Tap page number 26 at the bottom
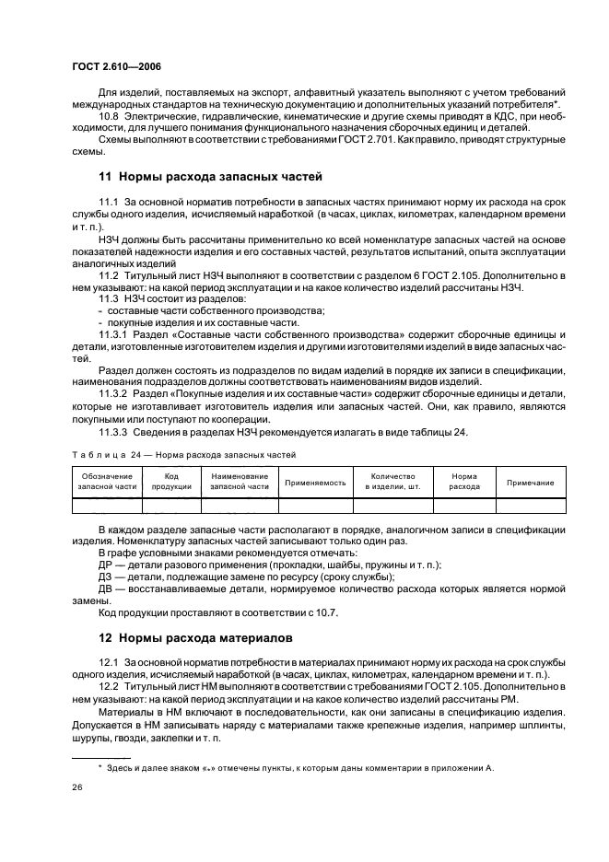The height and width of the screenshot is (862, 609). click(x=76, y=787)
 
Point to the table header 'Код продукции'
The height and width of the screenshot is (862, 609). click(x=171, y=481)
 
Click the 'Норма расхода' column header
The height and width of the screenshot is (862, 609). click(x=464, y=481)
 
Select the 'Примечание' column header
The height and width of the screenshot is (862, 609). click(x=531, y=482)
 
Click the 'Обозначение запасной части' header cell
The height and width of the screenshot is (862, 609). click(x=107, y=481)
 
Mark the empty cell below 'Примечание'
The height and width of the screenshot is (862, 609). click(x=531, y=504)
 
